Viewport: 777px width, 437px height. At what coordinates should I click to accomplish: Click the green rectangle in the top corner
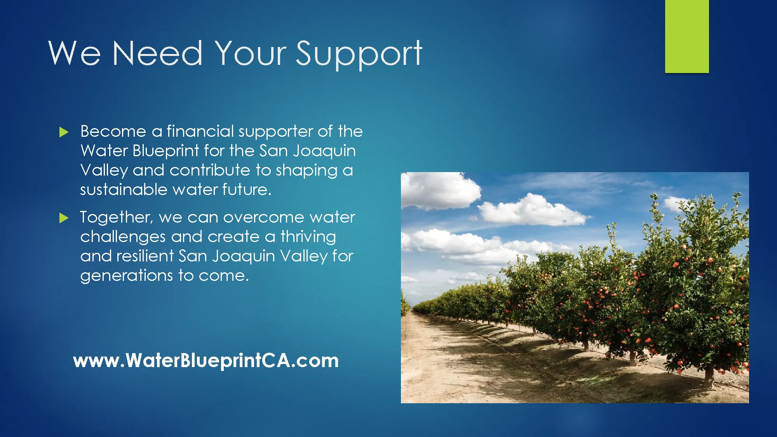(687, 36)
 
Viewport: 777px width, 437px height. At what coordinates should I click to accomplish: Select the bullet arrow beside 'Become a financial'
(64, 132)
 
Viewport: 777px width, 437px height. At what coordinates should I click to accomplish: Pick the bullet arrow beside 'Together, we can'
(64, 218)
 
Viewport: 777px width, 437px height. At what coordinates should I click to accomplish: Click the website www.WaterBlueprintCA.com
(206, 360)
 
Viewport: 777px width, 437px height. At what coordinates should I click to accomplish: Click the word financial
(200, 131)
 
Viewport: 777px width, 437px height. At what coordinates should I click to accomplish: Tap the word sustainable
(124, 190)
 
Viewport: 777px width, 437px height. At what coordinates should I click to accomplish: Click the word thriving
(308, 237)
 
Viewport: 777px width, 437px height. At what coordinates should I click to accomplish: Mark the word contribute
(210, 170)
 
